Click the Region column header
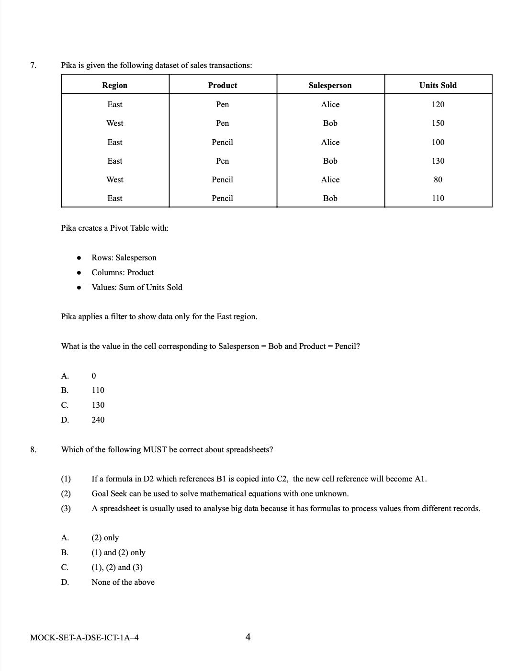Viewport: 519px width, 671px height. (x=115, y=85)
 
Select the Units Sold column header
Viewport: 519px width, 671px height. (x=438, y=85)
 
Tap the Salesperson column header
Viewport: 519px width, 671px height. (x=330, y=85)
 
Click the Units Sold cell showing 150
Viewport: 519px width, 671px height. (x=438, y=123)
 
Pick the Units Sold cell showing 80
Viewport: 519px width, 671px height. (x=438, y=179)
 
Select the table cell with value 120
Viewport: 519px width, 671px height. (x=438, y=104)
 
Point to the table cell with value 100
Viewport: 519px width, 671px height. (x=438, y=142)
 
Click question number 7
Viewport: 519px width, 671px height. (x=33, y=65)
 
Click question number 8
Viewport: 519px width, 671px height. (x=33, y=449)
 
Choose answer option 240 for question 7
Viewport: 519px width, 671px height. (x=98, y=420)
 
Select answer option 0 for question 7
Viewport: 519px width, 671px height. (x=94, y=376)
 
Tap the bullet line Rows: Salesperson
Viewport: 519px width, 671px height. (x=124, y=257)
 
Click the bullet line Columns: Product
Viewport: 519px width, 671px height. (x=123, y=272)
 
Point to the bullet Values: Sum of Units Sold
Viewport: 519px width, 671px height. (x=137, y=287)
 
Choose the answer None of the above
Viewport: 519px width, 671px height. (x=123, y=582)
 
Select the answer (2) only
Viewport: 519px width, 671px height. (x=105, y=537)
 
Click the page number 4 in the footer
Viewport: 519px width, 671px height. (x=248, y=637)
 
